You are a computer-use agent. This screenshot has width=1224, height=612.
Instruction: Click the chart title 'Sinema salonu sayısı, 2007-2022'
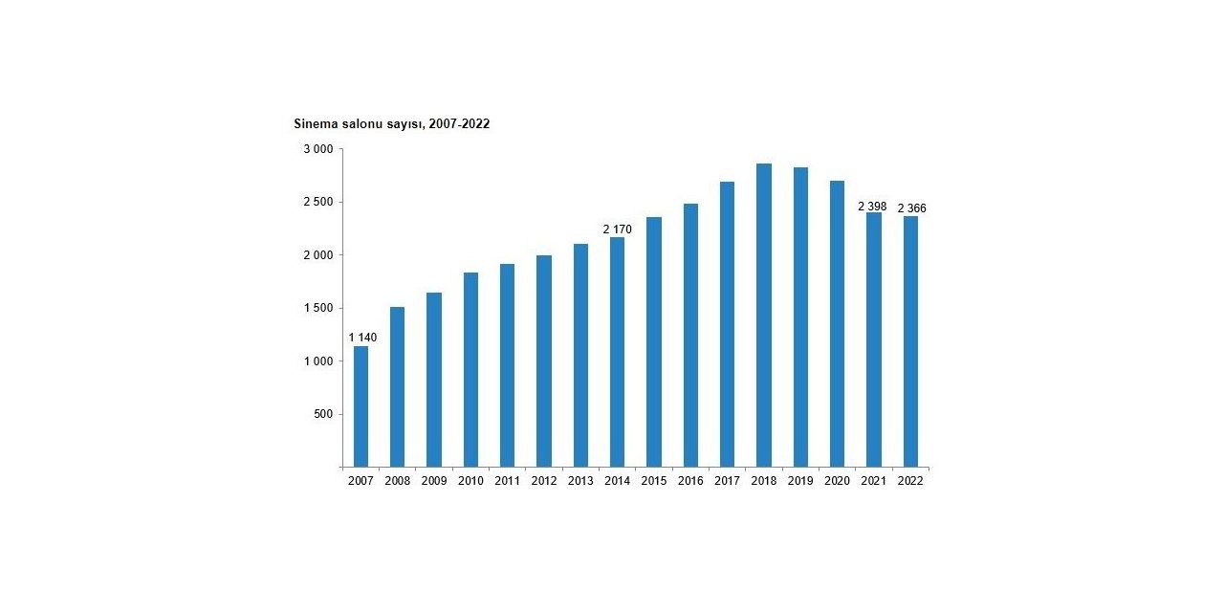point(391,124)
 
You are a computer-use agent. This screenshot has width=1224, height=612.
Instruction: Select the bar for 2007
point(361,406)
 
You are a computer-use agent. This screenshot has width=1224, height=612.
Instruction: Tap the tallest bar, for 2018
point(764,316)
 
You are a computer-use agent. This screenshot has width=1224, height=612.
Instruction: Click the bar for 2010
point(470,370)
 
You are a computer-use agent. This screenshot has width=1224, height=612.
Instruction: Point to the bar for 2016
point(690,335)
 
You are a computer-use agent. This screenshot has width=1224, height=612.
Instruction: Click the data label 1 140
point(362,338)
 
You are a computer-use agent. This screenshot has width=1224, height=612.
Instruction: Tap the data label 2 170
point(617,229)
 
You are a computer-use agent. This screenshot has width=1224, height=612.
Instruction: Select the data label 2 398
point(872,207)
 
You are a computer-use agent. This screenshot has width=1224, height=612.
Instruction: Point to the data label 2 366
point(911,208)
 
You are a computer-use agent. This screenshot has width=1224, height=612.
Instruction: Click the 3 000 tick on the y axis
point(317,150)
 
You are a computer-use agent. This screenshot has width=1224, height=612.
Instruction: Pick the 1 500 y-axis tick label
point(317,309)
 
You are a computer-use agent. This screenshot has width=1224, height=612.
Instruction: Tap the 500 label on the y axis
point(322,415)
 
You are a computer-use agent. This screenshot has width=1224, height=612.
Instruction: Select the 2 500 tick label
point(317,203)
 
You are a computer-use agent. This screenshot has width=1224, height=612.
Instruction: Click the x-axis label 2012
point(543,481)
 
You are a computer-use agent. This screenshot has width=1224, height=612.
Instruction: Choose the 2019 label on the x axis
point(800,481)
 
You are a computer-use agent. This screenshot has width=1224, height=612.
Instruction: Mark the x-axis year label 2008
point(397,481)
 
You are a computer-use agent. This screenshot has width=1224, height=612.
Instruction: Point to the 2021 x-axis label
point(873,481)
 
